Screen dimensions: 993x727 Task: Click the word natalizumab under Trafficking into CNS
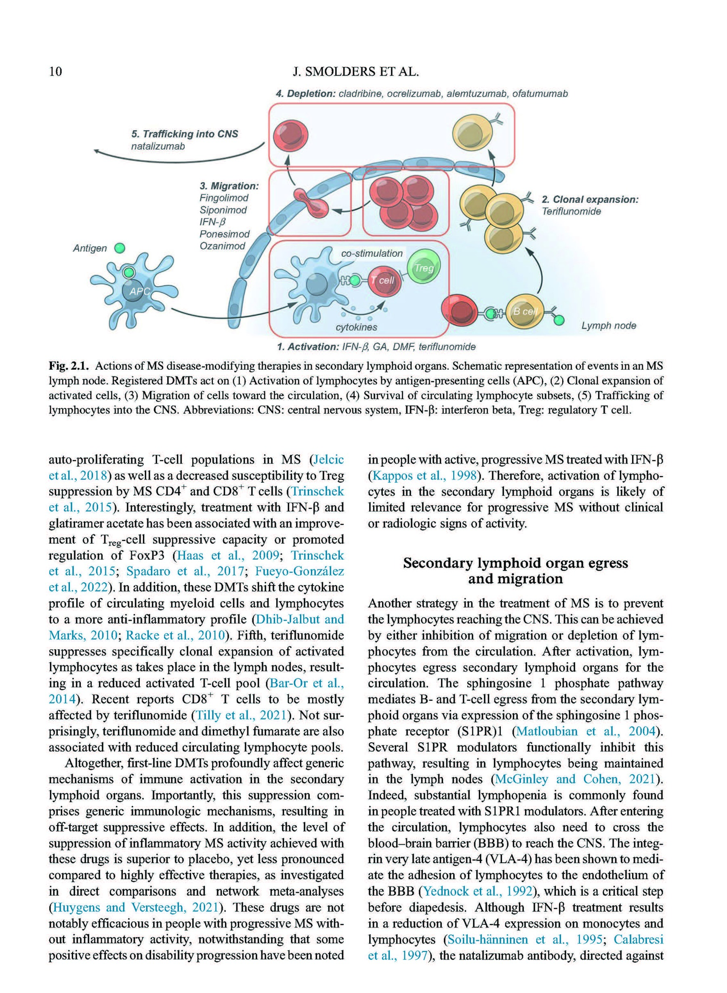tap(158, 146)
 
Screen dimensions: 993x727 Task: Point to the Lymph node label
tap(608, 325)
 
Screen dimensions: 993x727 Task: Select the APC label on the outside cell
tap(140, 291)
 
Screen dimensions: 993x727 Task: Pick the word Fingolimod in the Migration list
tap(224, 198)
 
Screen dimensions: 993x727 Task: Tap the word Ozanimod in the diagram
tap(222, 246)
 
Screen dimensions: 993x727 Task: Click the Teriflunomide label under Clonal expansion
tap(571, 211)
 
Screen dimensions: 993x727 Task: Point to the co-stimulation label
tap(372, 254)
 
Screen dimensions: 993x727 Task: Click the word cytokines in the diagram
tap(357, 327)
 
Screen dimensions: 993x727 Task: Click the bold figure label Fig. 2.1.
tap(69, 366)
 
